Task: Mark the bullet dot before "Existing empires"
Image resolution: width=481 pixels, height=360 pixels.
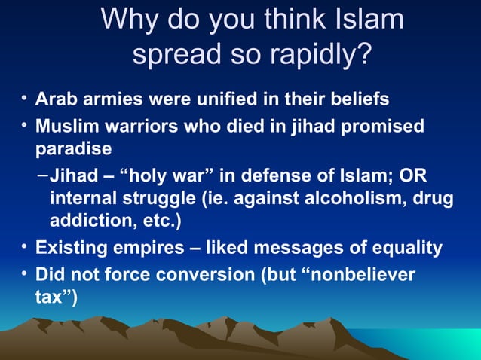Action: click(x=25, y=246)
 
